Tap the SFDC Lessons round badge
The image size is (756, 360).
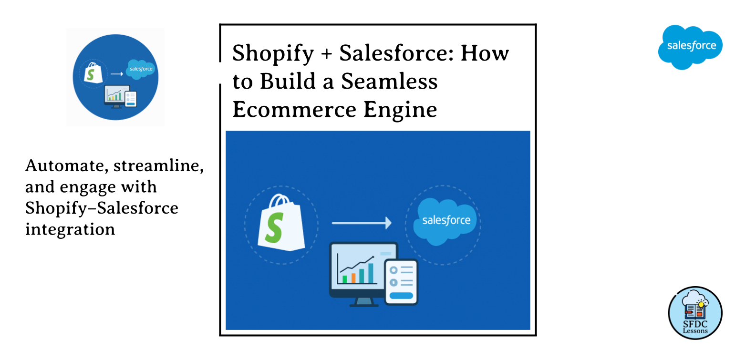695,313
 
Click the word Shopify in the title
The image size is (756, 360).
273,53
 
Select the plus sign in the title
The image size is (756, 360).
326,53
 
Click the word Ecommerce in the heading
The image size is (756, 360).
294,110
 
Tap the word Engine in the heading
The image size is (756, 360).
400,110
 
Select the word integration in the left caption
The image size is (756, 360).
70,229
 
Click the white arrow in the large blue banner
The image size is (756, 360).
361,223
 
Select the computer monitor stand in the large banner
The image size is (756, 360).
363,302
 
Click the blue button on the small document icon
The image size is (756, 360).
401,296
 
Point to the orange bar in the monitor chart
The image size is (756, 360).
353,278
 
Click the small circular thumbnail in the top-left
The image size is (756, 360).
115,77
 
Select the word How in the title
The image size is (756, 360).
485,53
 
